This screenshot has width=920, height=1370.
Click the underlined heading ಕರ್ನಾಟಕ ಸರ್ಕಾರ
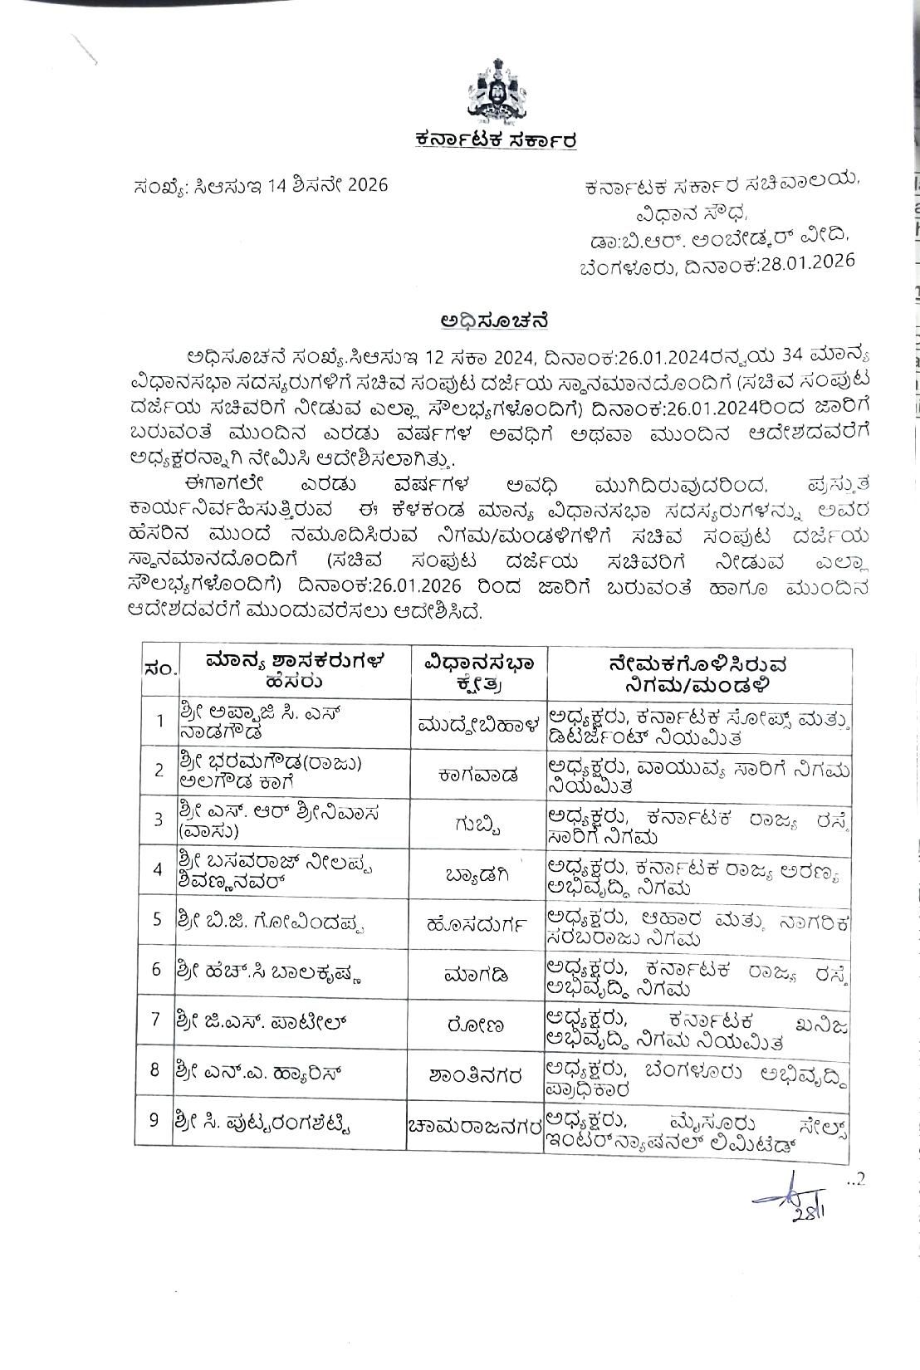(x=497, y=140)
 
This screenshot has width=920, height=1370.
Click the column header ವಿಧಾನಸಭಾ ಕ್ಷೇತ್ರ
(x=479, y=673)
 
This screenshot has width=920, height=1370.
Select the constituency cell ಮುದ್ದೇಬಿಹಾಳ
(x=479, y=722)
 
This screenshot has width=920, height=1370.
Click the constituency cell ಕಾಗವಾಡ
(x=479, y=774)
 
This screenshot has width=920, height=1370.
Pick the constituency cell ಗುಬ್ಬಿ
(x=479, y=822)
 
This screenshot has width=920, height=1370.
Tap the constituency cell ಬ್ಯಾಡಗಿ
(x=479, y=870)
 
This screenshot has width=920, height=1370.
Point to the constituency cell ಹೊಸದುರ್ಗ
(x=479, y=922)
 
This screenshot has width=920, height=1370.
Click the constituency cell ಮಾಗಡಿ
(x=479, y=971)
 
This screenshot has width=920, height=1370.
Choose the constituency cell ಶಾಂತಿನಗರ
(x=479, y=1071)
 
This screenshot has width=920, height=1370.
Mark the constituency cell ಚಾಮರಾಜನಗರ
(x=479, y=1123)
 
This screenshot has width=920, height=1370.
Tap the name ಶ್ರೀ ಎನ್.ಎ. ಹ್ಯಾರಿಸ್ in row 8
(x=257, y=1070)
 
